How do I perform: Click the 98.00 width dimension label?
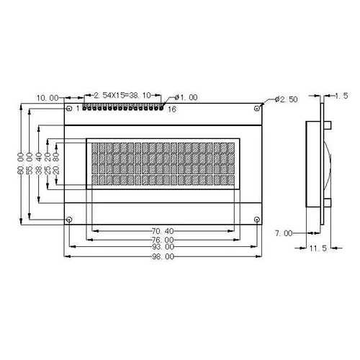[x=163, y=256]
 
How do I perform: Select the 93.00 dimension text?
[x=163, y=247]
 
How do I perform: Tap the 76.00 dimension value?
[x=163, y=240]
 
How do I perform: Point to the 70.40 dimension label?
[x=163, y=231]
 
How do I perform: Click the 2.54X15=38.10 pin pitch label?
[x=122, y=96]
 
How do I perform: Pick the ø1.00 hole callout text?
[x=186, y=97]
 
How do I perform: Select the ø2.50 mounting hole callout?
[x=287, y=99]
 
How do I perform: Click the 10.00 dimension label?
[x=48, y=98]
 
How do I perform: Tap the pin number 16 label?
[x=172, y=109]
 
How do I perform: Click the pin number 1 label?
[x=78, y=109]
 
